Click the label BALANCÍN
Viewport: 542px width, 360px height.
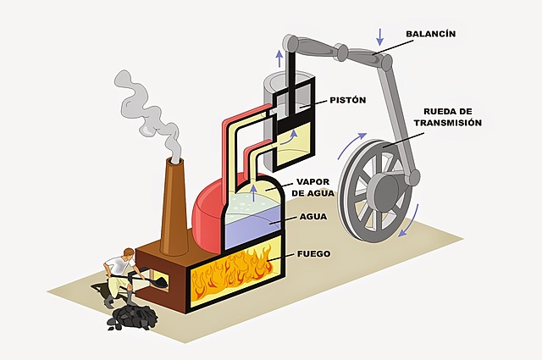pos(431,35)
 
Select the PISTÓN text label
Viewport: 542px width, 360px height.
pos(347,100)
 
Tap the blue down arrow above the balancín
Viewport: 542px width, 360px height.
pos(380,36)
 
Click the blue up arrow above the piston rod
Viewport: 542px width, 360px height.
pos(279,57)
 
